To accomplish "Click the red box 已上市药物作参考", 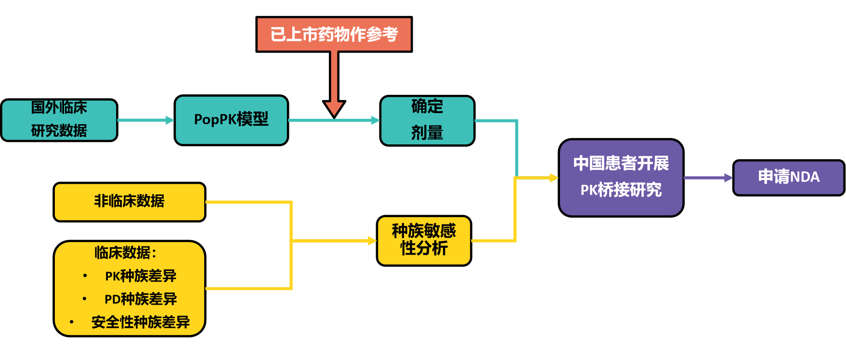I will (x=334, y=34).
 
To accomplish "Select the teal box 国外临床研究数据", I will (x=59, y=120).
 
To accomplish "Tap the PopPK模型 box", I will (x=231, y=120).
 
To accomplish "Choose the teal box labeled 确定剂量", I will (x=427, y=120).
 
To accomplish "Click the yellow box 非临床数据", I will (x=129, y=202).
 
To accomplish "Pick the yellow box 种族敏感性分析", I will (x=424, y=240).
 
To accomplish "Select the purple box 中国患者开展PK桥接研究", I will (x=621, y=177).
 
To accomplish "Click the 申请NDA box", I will (x=788, y=177).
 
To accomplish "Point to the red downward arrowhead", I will (x=334, y=108).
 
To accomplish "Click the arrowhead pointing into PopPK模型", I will (x=170, y=120).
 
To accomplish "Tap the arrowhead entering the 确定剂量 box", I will (x=376, y=120).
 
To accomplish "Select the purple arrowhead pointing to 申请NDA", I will (x=728, y=178).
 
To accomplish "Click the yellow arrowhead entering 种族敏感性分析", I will (x=372, y=241).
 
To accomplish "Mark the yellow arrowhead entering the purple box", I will (x=554, y=178).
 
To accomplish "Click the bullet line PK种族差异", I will (x=141, y=276).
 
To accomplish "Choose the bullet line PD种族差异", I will (x=141, y=299).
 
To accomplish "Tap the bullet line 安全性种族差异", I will (x=141, y=322).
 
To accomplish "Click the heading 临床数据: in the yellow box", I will (x=126, y=253).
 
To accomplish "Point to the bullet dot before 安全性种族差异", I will (x=72, y=322).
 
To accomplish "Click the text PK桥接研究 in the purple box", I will (x=621, y=190).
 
